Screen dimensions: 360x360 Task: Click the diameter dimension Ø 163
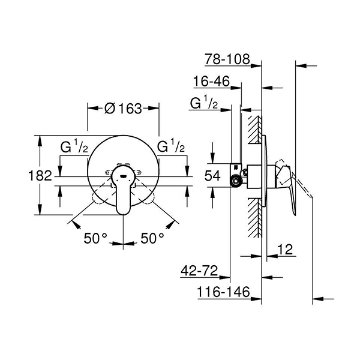coord(123,109)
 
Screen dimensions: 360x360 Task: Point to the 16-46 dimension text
coord(213,82)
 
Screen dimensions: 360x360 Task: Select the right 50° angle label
coord(152,238)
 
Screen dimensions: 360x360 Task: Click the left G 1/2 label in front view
coord(76,146)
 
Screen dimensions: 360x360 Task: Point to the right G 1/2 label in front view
coord(171,146)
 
